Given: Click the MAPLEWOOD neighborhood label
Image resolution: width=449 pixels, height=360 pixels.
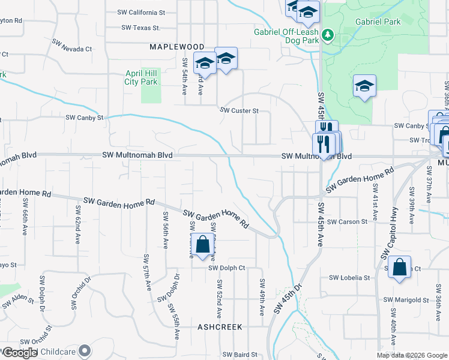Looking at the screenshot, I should click(176, 46).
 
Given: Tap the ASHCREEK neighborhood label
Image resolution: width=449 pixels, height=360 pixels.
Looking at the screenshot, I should click(220, 327).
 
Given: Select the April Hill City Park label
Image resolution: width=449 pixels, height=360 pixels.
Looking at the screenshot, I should click(141, 77).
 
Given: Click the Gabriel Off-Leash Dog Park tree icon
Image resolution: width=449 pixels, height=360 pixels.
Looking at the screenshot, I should click(327, 35).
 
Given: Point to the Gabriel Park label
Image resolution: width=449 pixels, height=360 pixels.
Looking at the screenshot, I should click(377, 22).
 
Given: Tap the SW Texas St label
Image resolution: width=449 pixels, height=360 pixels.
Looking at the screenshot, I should click(141, 28).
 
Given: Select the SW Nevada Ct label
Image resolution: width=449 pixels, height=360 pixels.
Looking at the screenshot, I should click(71, 46).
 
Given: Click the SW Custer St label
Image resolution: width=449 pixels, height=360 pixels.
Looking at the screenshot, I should click(239, 110).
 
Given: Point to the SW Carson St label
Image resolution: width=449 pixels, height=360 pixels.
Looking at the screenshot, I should click(348, 221).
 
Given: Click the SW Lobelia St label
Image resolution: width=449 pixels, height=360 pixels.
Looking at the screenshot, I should click(349, 278).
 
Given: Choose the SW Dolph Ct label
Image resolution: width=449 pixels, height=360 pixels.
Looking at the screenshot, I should click(227, 268).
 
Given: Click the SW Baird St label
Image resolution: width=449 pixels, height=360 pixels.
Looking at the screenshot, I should click(240, 355).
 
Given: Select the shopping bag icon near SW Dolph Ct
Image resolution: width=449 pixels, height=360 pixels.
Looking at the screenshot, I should click(202, 245).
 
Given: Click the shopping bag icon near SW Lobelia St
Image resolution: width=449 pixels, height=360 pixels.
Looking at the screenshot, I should click(399, 267).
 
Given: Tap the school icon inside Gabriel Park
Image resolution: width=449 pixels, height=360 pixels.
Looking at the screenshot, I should click(364, 86).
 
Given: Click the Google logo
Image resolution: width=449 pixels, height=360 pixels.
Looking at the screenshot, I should click(20, 353).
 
